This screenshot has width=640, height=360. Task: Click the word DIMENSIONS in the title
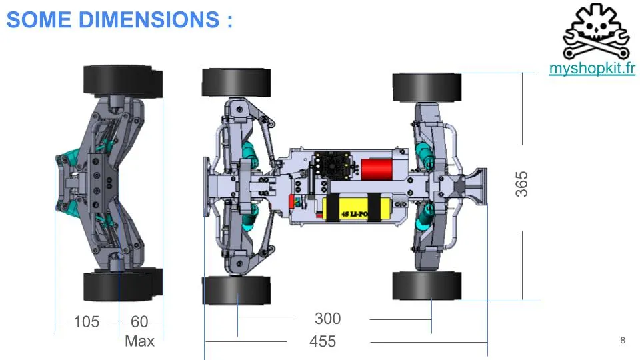149,19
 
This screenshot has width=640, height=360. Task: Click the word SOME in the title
39,19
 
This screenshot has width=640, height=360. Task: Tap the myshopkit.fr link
592,68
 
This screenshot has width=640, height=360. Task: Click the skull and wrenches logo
596,31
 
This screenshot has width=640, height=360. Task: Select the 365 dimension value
521,184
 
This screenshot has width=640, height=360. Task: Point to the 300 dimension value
328,319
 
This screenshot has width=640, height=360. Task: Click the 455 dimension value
323,341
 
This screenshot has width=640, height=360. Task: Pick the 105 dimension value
87,321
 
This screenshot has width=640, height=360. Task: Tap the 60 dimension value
139,321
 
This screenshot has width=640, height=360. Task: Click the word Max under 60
139,341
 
